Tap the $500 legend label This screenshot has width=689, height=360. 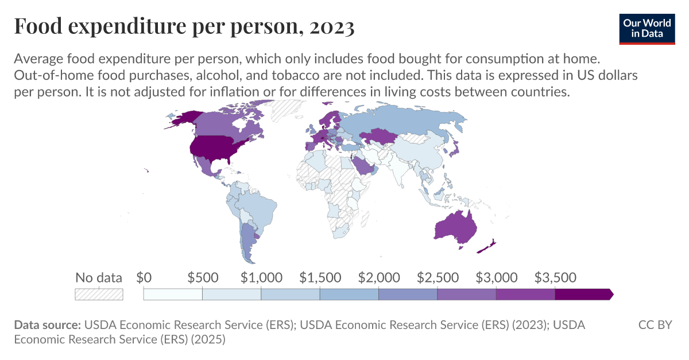point(203,278)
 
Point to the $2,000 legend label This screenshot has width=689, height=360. point(379,278)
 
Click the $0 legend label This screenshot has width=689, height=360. point(144,278)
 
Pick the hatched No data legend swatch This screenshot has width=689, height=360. point(99,294)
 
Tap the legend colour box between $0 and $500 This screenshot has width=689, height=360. point(173,294)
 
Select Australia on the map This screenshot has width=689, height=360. point(455,226)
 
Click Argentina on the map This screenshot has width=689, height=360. point(248,241)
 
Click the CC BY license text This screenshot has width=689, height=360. point(655,325)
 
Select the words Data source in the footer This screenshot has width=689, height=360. point(47,325)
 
